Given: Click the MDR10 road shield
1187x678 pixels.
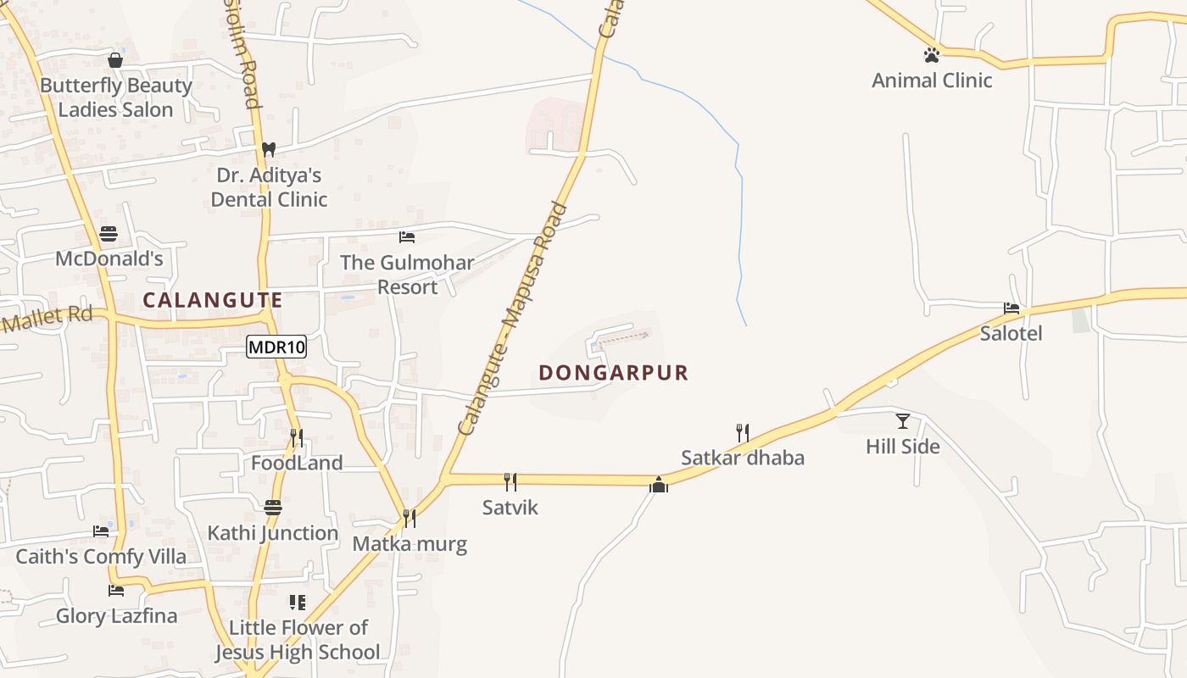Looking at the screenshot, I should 276,347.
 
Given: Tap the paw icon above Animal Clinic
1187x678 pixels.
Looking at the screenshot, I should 932,55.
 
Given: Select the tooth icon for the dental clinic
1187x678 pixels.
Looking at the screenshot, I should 269,149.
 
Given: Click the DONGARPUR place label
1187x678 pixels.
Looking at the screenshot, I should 614,373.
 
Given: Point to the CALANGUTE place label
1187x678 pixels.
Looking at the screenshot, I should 213,300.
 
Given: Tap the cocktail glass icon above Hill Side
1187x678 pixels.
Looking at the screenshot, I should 903,420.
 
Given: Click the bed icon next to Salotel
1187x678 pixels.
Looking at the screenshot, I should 1011,308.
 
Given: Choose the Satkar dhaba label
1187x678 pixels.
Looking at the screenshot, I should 743,458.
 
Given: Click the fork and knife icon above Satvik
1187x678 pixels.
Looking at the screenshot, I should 510,481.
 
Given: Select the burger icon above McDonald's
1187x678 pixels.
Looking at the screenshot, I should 109,233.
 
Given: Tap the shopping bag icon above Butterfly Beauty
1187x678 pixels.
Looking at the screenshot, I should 115,60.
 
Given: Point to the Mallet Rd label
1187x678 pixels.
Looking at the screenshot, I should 47,320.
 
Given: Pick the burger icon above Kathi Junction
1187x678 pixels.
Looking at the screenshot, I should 272,508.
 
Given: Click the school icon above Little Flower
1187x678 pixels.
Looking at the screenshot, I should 297,603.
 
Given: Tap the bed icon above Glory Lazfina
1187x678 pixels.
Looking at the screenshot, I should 116,591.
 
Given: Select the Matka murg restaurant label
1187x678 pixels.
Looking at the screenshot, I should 410,543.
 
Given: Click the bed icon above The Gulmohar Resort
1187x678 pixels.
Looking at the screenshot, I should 407,237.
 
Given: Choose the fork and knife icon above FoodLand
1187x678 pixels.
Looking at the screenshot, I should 297,437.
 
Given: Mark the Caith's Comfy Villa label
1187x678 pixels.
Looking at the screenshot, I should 101,557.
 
